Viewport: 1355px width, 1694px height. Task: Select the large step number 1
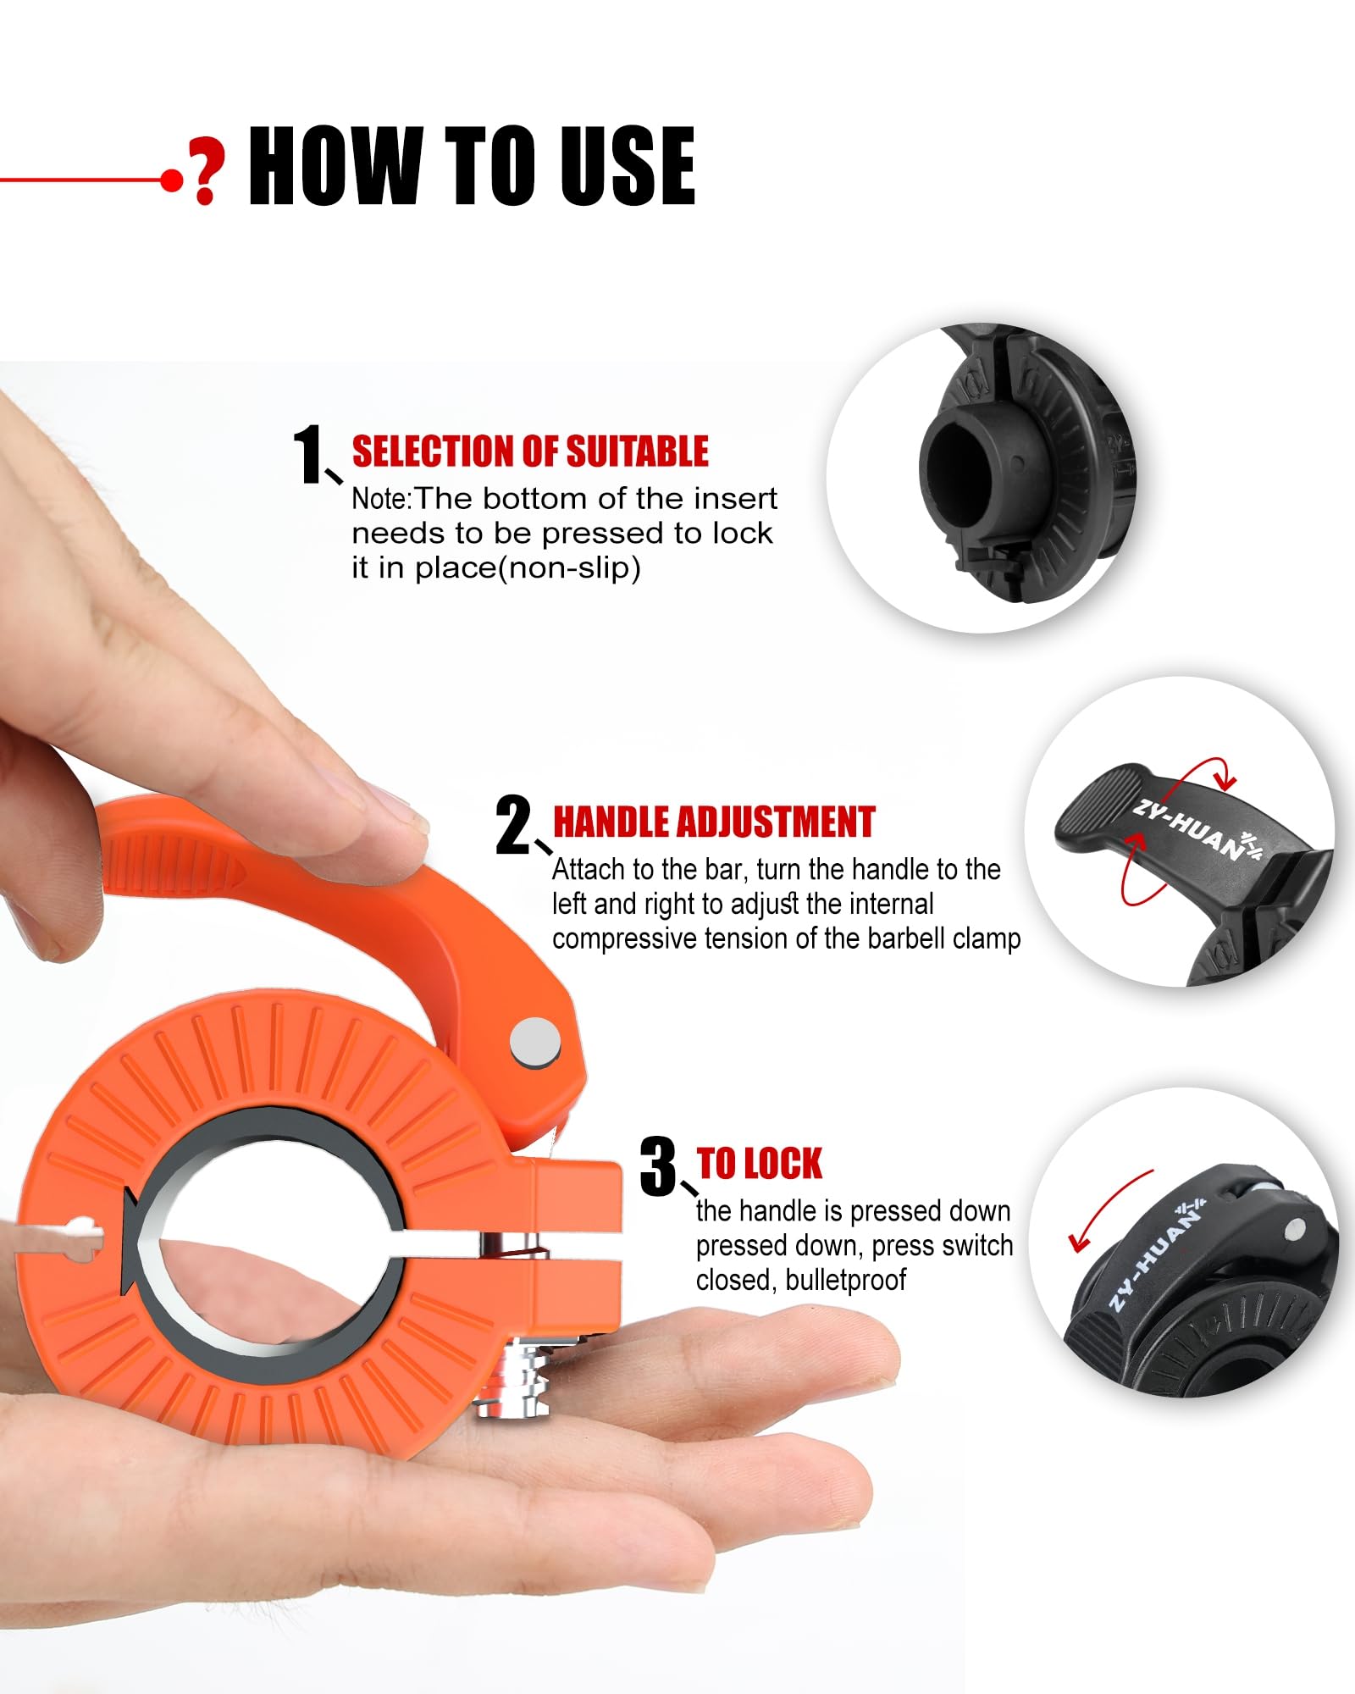308,455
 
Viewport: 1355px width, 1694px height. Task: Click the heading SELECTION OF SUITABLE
530,451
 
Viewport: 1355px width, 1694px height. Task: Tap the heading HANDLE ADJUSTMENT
713,822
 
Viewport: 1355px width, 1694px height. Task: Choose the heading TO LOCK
759,1164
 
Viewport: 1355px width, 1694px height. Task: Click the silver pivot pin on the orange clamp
535,1041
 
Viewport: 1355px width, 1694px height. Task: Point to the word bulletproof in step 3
845,1280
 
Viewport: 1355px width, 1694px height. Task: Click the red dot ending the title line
172,180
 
